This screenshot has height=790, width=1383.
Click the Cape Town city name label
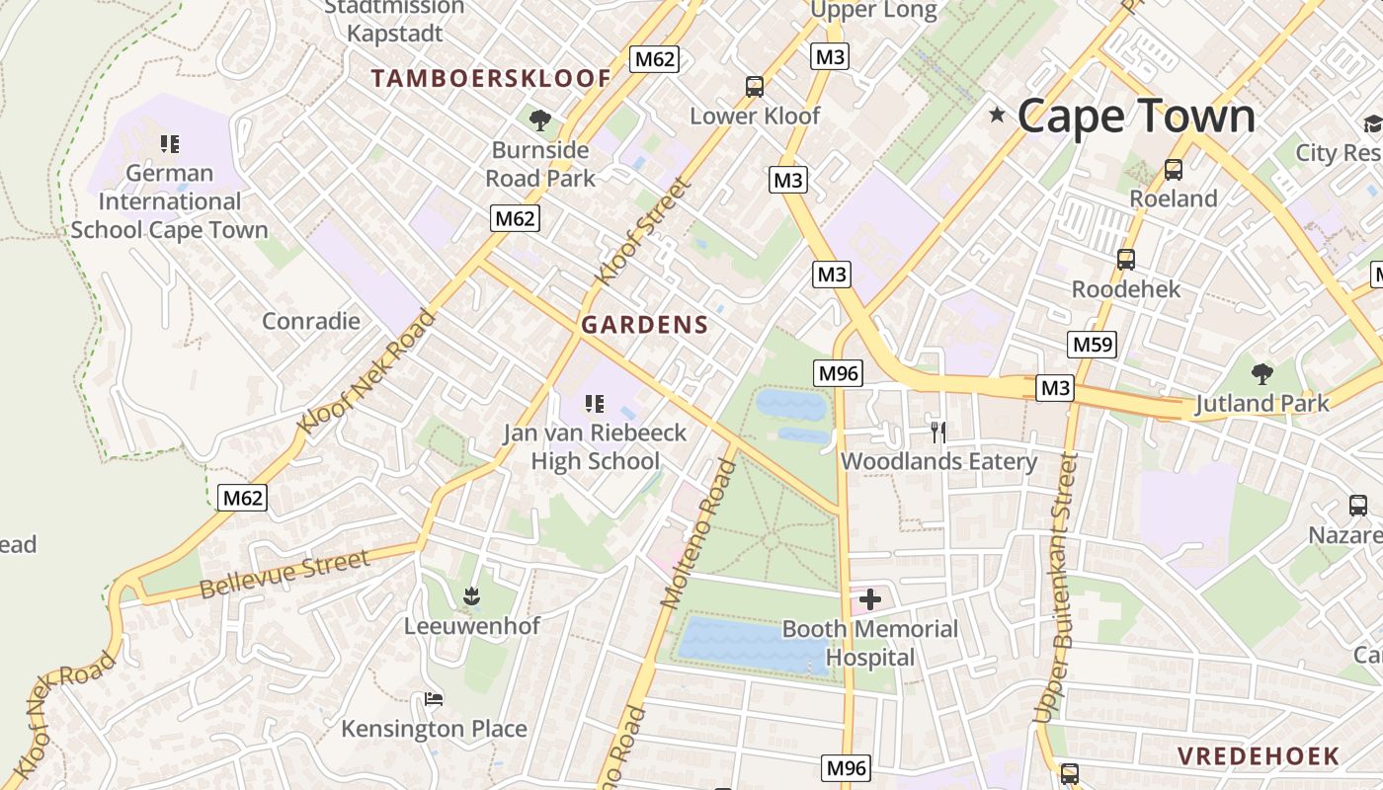(1136, 116)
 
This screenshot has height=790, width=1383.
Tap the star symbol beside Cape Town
(997, 116)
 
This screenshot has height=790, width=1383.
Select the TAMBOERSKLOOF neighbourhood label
(491, 79)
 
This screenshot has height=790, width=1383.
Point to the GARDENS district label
(644, 325)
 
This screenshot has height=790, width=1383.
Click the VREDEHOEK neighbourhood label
(1258, 756)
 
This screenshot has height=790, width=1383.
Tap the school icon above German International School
(170, 144)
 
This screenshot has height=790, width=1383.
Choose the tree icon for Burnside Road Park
(539, 120)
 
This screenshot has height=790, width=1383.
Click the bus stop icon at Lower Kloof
(755, 87)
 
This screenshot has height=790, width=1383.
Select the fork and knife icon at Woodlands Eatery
(937, 432)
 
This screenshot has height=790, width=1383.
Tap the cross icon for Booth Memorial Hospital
(870, 599)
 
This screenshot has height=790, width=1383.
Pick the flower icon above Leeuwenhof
(471, 595)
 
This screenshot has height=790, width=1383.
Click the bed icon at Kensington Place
(433, 699)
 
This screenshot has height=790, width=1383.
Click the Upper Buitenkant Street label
(1054, 588)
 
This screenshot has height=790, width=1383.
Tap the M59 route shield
(1093, 345)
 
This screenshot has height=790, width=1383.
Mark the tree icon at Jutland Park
(1261, 374)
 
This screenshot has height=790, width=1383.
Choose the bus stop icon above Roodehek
(1125, 260)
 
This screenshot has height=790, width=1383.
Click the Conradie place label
(310, 321)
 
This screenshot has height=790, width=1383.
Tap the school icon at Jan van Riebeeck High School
(594, 403)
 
